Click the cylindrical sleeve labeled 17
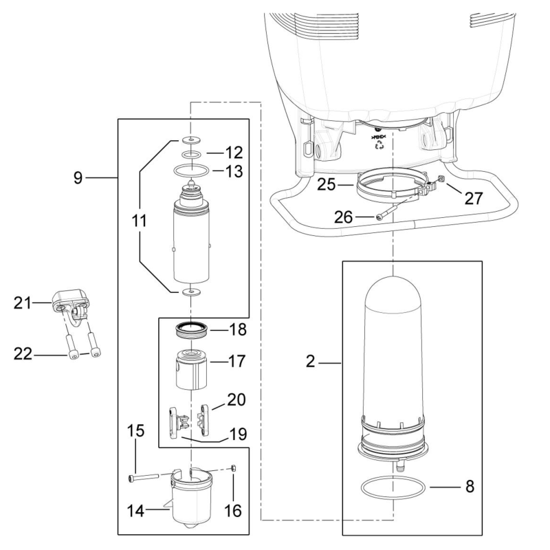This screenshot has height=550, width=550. point(190,370)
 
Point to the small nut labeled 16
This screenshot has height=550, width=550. point(235,468)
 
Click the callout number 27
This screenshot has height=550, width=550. point(472,198)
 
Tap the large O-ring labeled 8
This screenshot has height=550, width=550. point(392,490)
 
